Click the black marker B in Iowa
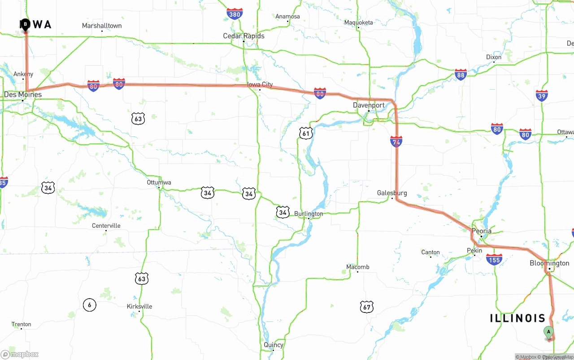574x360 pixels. click(25, 24)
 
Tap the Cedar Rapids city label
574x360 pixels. click(244, 36)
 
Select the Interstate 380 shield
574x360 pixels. click(235, 14)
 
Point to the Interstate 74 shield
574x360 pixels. click(396, 141)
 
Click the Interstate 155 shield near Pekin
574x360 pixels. click(494, 259)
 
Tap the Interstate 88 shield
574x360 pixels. click(461, 74)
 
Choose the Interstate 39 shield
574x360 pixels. click(542, 95)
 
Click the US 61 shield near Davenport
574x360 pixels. click(306, 133)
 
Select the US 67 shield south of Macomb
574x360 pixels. click(367, 307)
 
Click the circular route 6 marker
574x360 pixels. click(89, 305)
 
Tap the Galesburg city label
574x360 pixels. click(392, 193)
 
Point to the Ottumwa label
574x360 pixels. click(159, 182)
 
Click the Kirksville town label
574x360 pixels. click(139, 306)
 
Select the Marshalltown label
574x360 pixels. click(102, 26)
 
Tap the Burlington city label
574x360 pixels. click(309, 213)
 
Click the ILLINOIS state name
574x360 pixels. click(517, 318)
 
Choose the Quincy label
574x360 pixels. click(274, 345)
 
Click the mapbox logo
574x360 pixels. click(20, 354)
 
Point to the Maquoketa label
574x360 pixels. click(358, 22)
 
